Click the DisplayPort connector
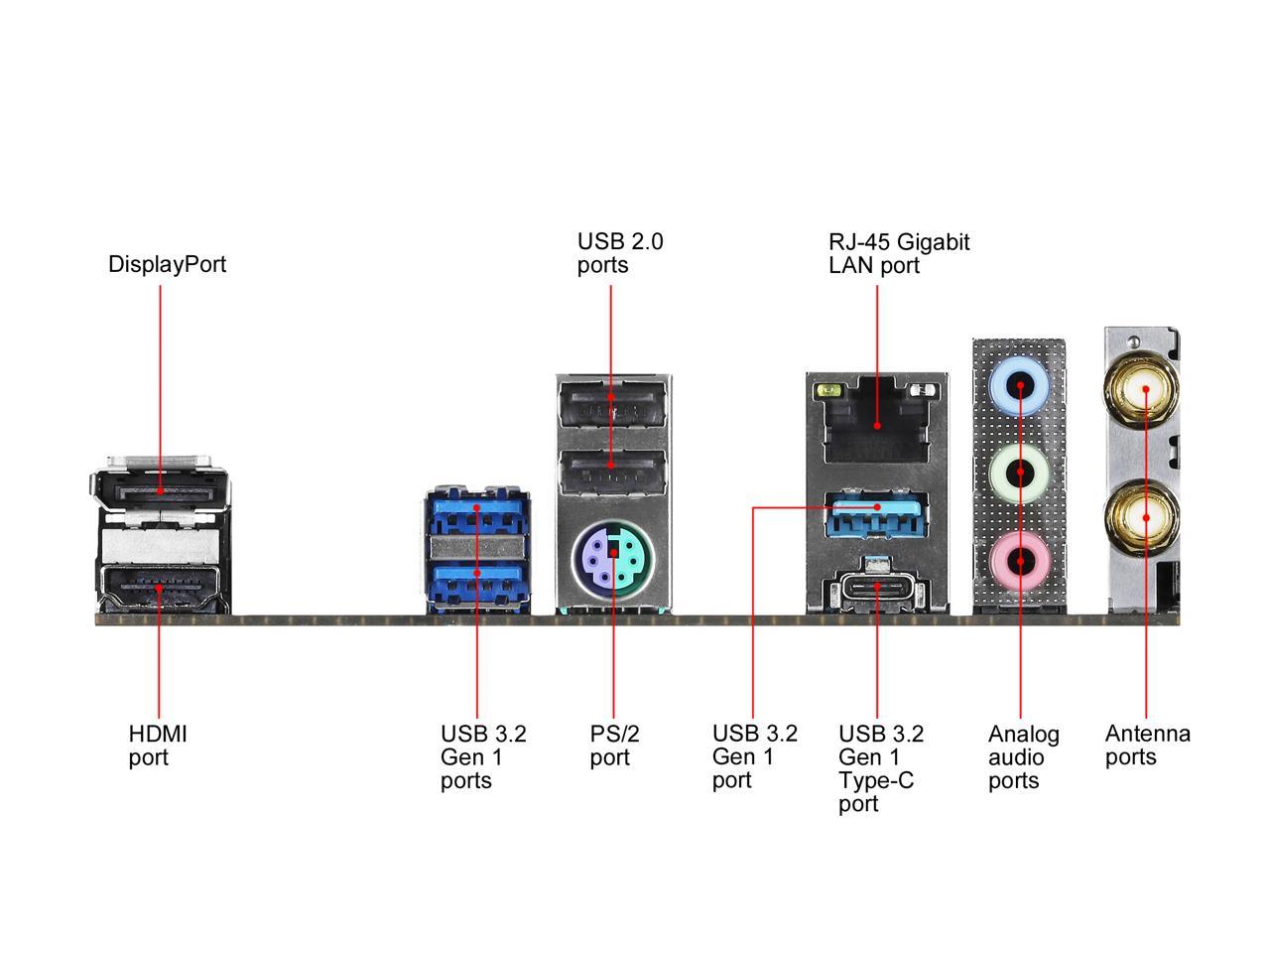(161, 490)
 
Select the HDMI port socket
(161, 588)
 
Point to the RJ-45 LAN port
(877, 422)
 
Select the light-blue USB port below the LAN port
(877, 512)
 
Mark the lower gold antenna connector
(1145, 516)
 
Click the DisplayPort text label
(167, 264)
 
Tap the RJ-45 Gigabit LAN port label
(898, 253)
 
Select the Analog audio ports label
(1023, 756)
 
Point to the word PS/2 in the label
(614, 734)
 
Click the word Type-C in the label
(875, 780)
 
